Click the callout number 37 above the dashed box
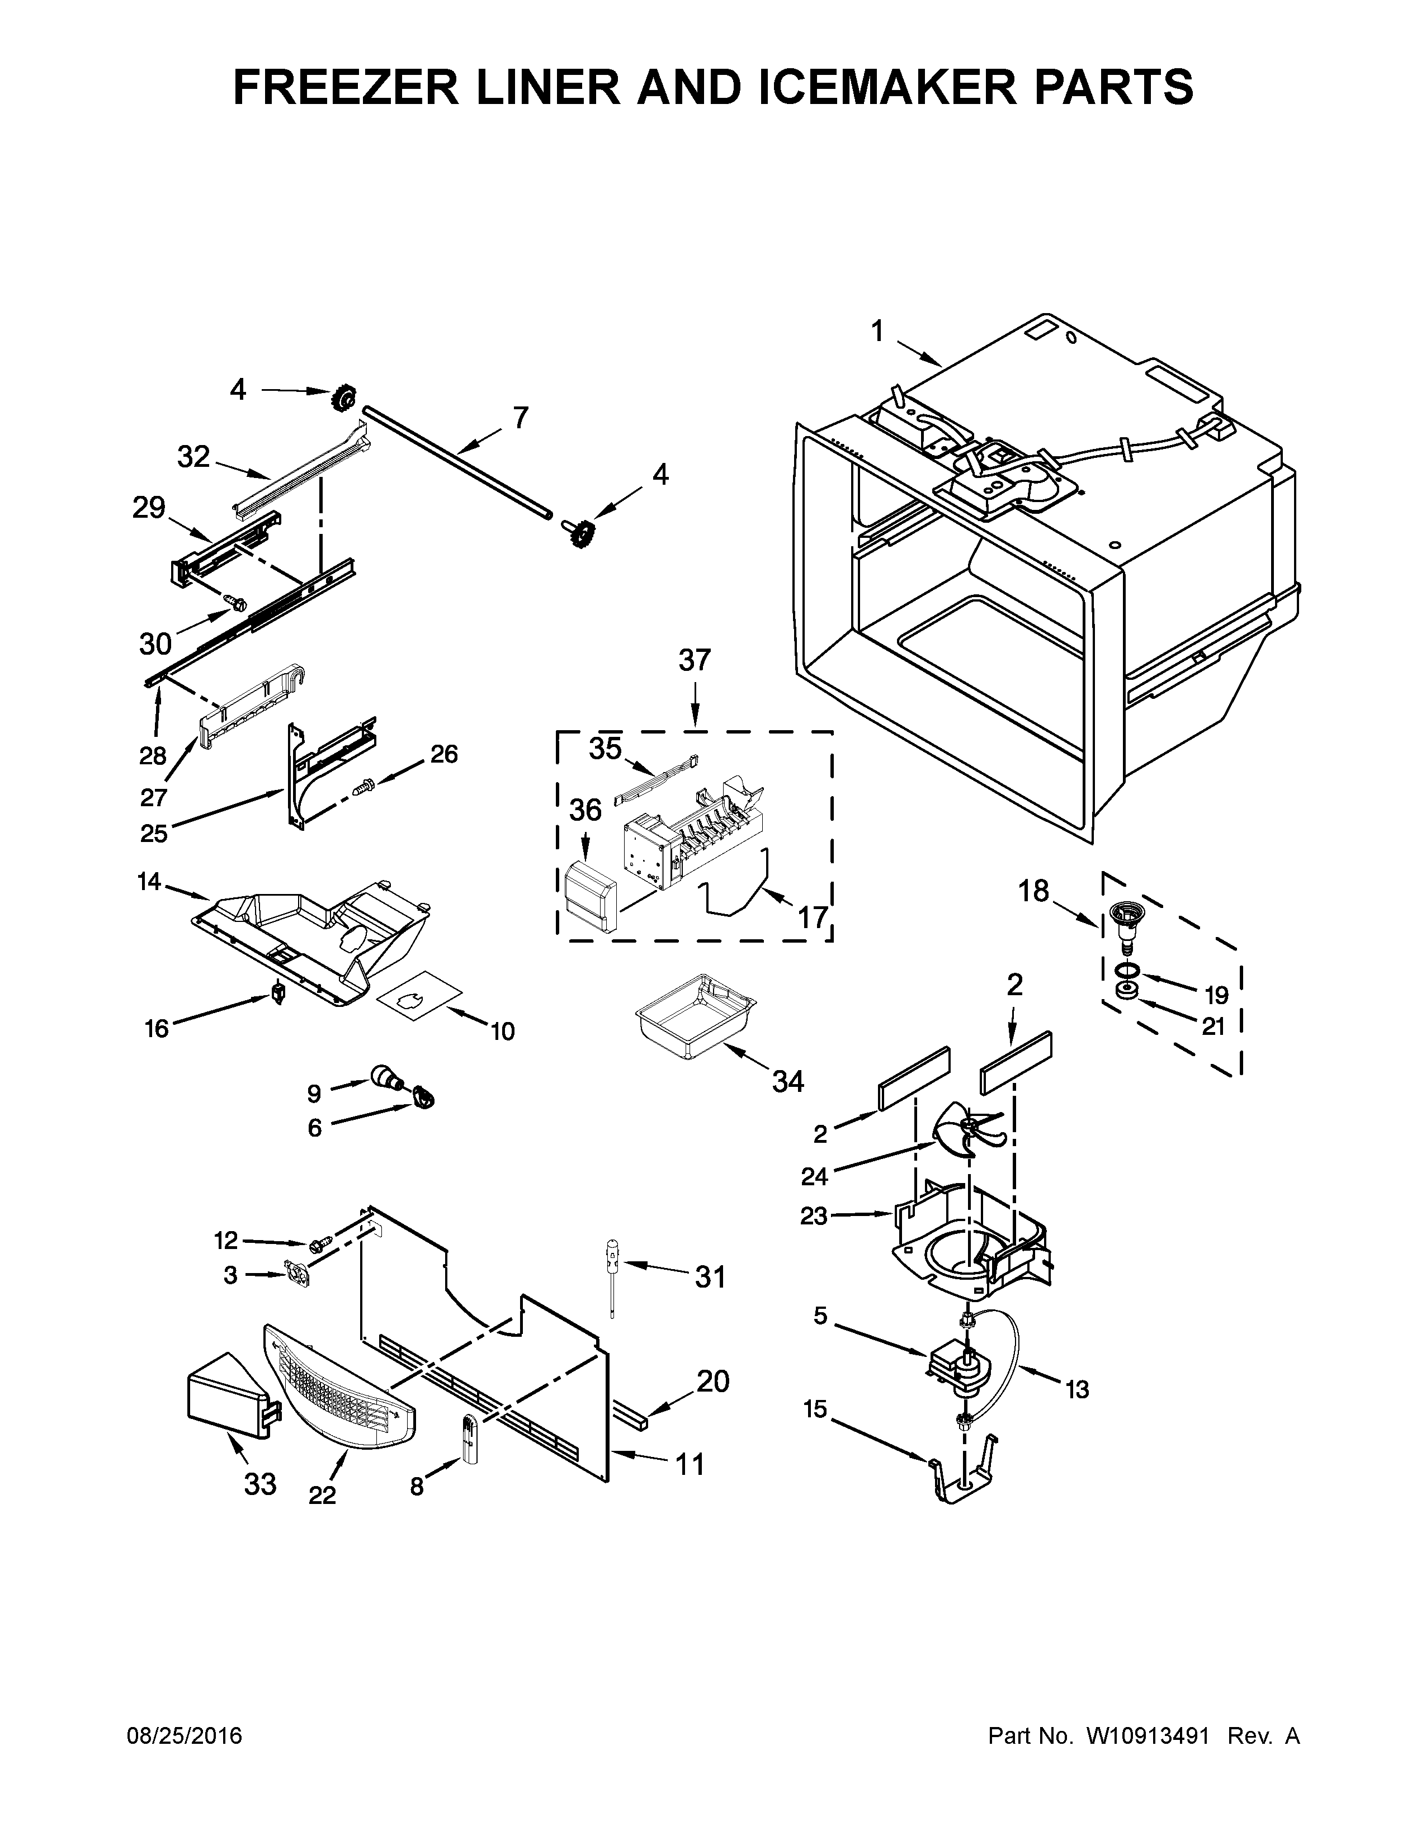coord(695,660)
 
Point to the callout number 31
coord(710,1278)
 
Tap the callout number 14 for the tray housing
coord(149,882)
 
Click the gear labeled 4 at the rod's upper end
coord(344,395)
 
